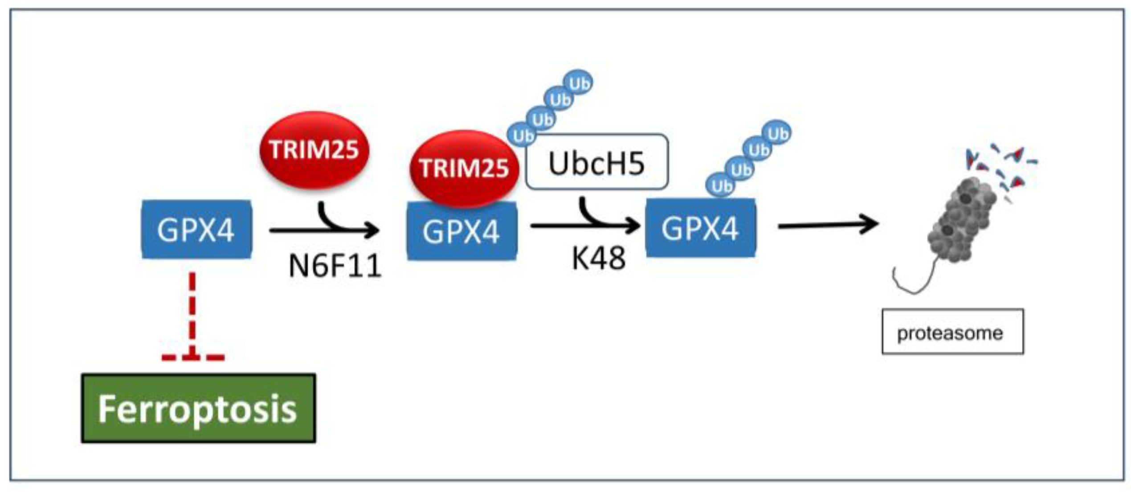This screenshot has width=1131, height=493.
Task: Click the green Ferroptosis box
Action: point(198,408)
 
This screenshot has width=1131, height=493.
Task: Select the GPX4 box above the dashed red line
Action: point(196,230)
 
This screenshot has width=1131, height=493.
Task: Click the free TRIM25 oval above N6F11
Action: point(314,149)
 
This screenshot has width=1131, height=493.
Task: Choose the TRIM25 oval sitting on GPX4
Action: point(463,168)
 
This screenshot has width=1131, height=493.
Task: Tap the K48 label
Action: point(598,258)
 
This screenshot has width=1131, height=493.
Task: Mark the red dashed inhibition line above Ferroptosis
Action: point(192,312)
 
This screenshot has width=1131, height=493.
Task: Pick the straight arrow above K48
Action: point(584,226)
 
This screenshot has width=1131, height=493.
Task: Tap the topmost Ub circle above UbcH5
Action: point(578,83)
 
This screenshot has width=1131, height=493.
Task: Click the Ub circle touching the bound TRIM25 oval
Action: point(522,135)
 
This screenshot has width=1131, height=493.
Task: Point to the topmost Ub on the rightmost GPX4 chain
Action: point(777,133)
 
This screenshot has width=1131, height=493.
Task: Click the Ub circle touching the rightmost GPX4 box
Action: point(720,185)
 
